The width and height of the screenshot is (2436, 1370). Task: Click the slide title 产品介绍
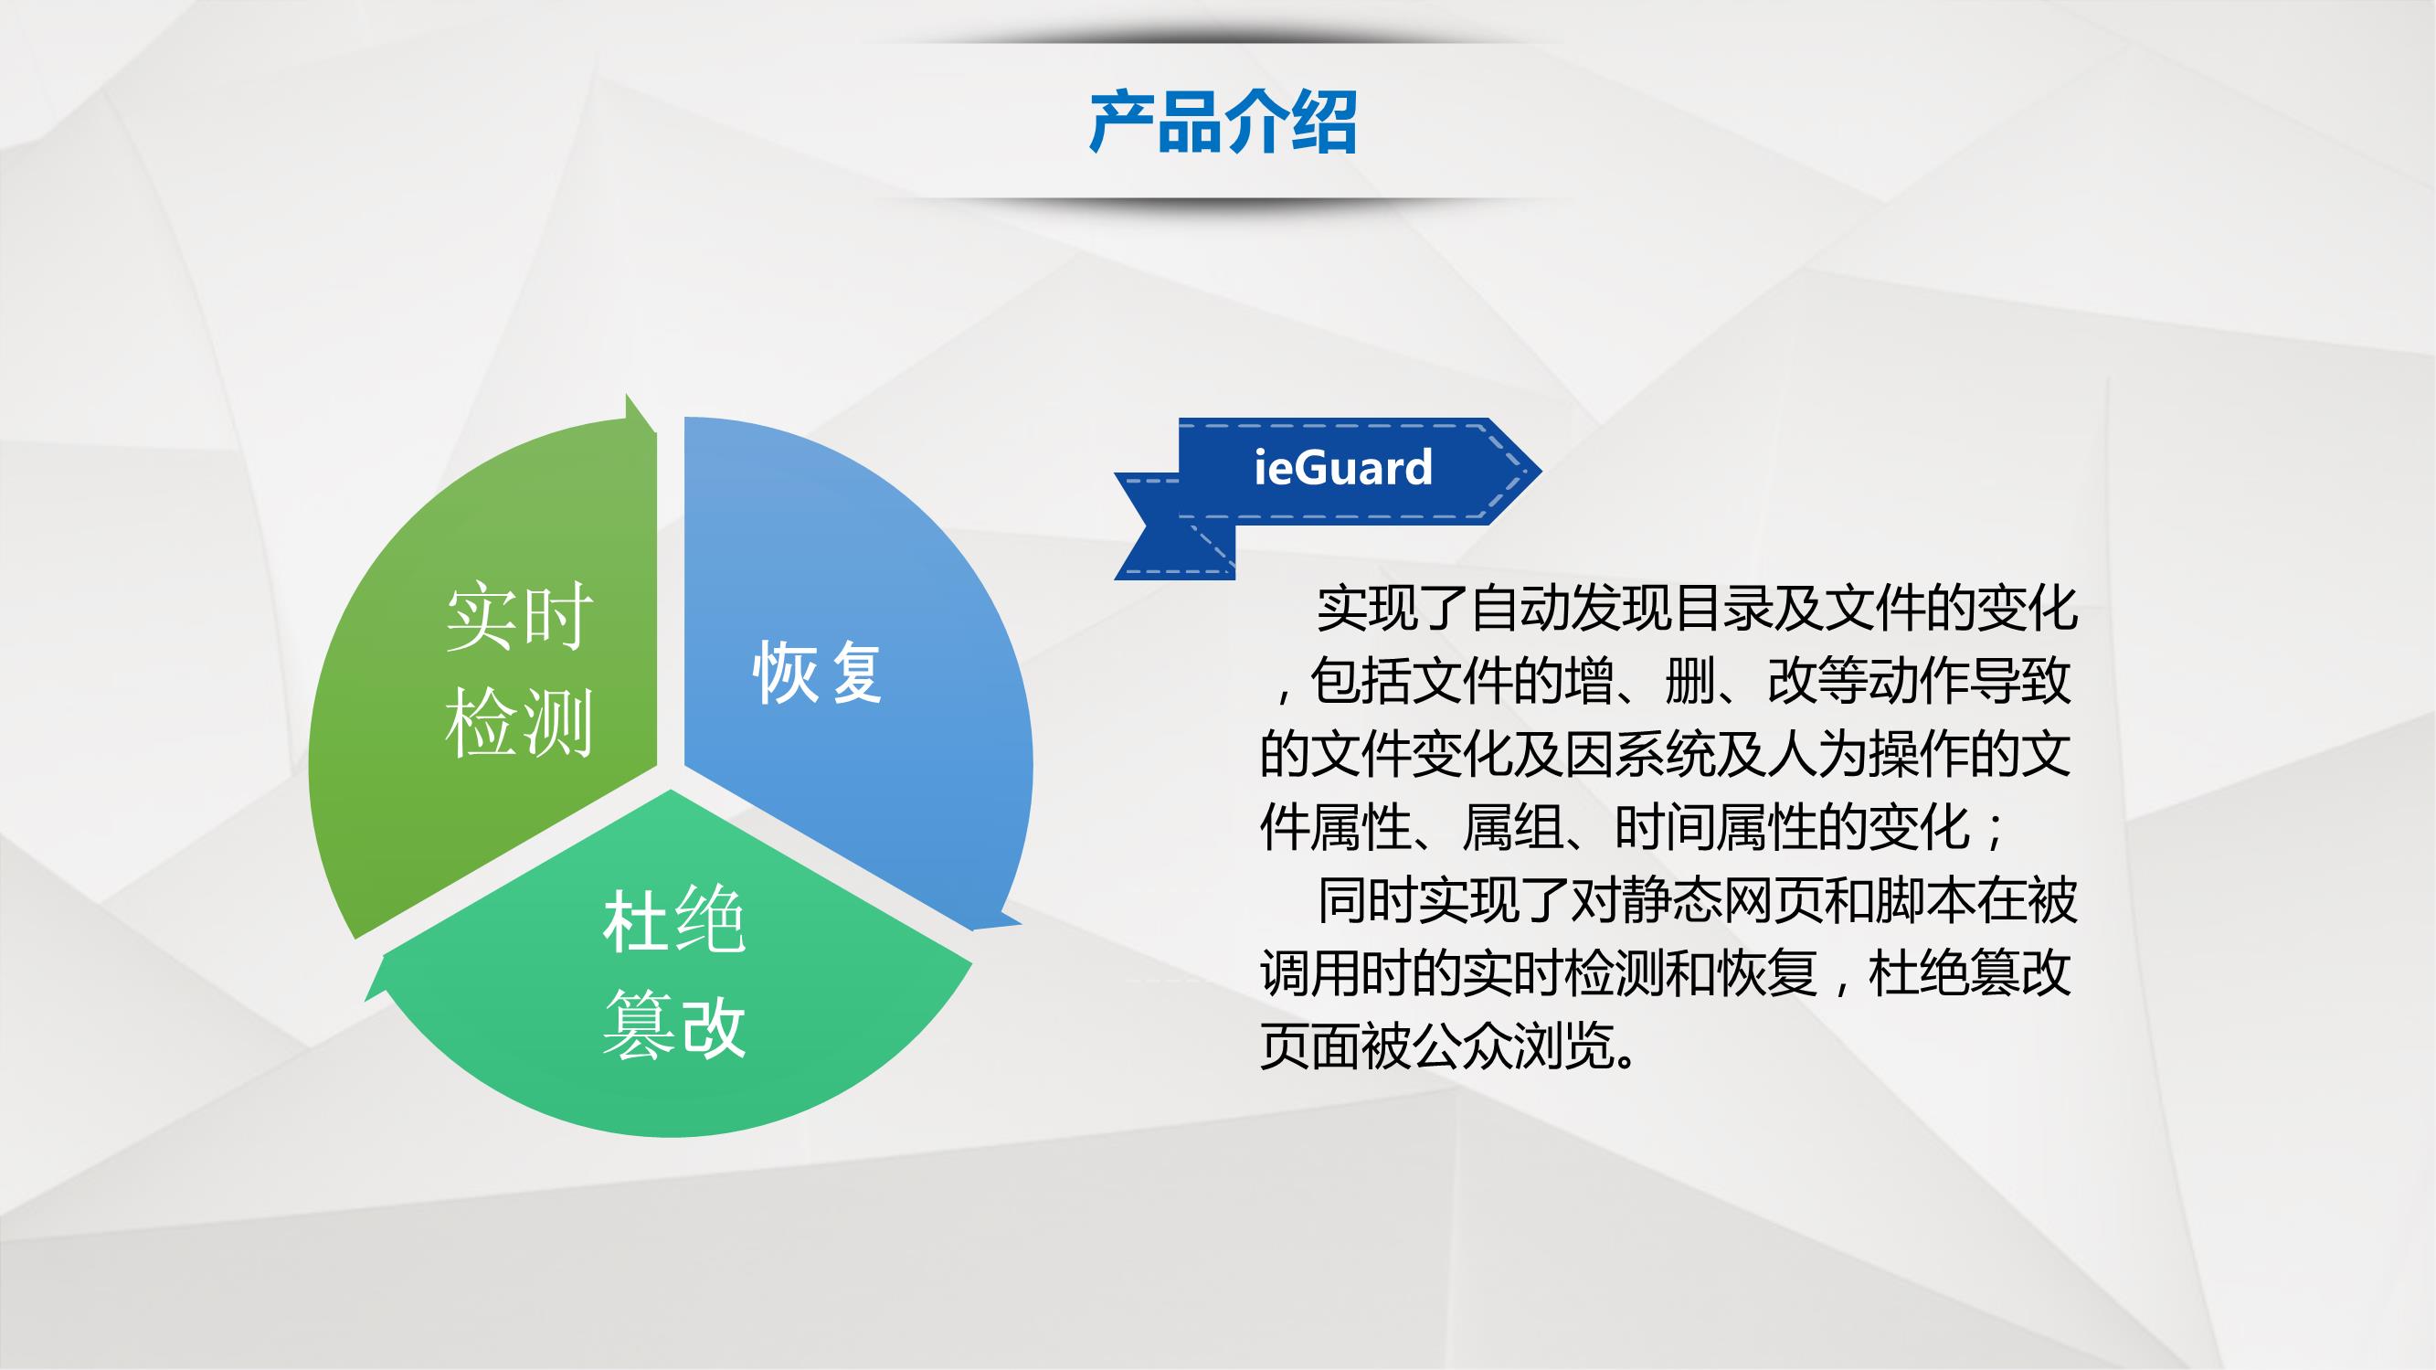click(1223, 122)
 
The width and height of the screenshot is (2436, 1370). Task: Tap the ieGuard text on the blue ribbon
click(1343, 467)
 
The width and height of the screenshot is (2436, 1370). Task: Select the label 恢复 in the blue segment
click(818, 673)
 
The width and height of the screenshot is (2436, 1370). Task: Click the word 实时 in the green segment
click(519, 617)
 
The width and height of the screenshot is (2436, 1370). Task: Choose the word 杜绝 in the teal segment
click(674, 919)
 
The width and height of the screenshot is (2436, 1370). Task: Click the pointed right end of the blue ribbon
click(1541, 471)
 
